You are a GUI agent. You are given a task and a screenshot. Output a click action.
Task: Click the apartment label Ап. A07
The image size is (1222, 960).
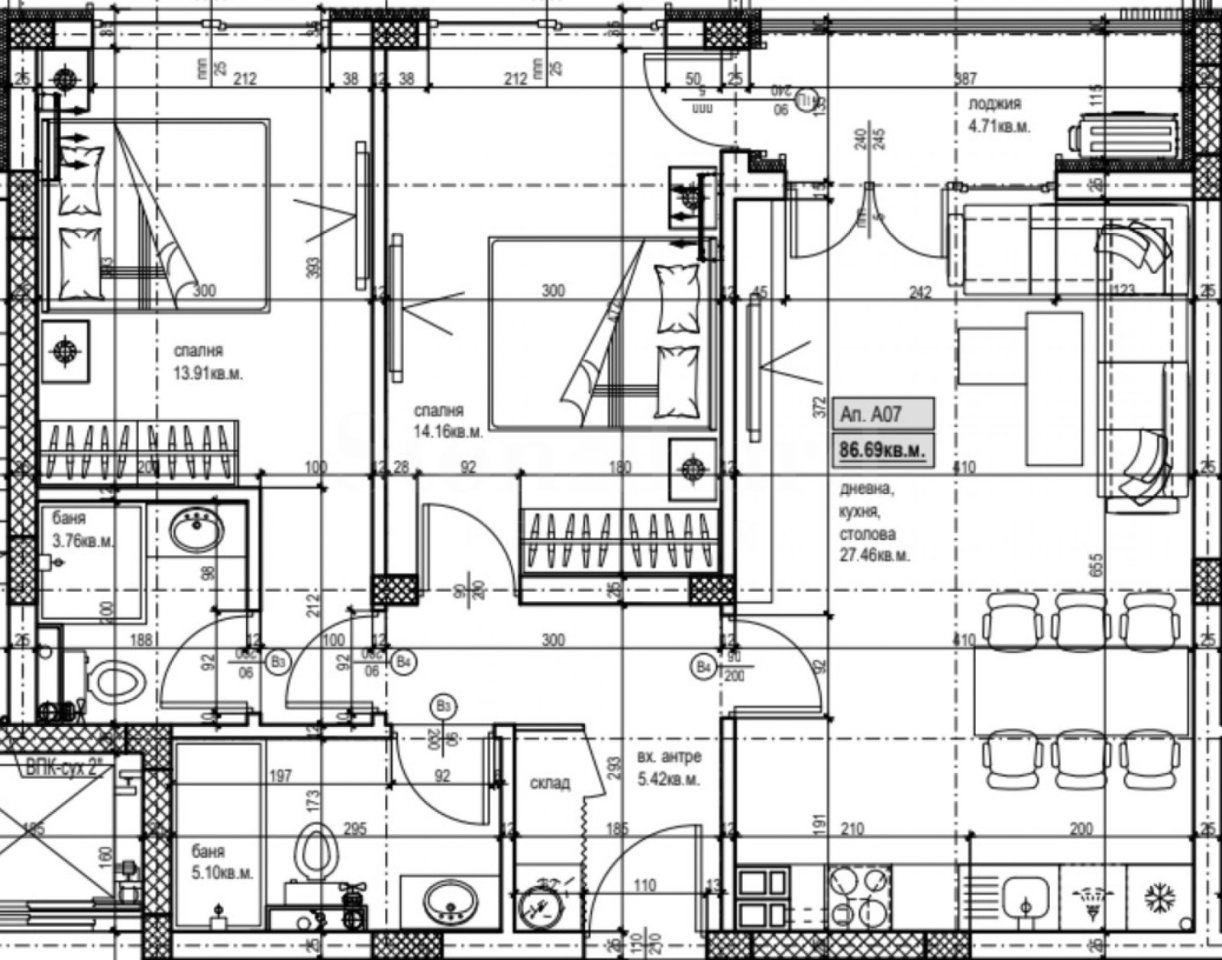pyautogui.click(x=871, y=415)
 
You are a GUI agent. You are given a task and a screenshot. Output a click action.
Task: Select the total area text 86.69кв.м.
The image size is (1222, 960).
pyautogui.click(x=881, y=450)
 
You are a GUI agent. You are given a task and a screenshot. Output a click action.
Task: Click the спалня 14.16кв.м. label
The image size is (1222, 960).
pyautogui.click(x=448, y=422)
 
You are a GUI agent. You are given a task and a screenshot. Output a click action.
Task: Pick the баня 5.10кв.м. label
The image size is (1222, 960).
pyautogui.click(x=221, y=862)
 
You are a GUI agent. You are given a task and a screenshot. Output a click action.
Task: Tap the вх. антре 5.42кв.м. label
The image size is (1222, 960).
pyautogui.click(x=668, y=769)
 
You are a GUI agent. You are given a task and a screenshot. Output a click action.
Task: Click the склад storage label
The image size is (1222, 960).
pyautogui.click(x=550, y=784)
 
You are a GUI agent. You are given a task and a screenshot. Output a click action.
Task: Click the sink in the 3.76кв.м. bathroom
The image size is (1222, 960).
pyautogui.click(x=197, y=529)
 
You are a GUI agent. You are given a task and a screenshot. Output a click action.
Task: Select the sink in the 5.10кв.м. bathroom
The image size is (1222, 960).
pyautogui.click(x=450, y=901)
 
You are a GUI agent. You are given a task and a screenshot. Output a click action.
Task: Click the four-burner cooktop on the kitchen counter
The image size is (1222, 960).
pyautogui.click(x=859, y=898)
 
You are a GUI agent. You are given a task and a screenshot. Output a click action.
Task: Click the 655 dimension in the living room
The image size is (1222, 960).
pyautogui.click(x=1098, y=566)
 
